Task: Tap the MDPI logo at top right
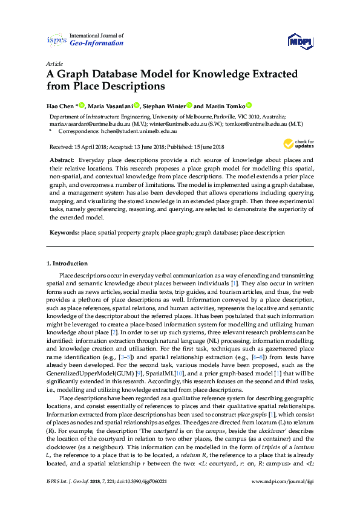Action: [299, 41]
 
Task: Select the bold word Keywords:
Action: [64, 232]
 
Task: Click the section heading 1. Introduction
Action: [67, 264]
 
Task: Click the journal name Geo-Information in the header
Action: [97, 44]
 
